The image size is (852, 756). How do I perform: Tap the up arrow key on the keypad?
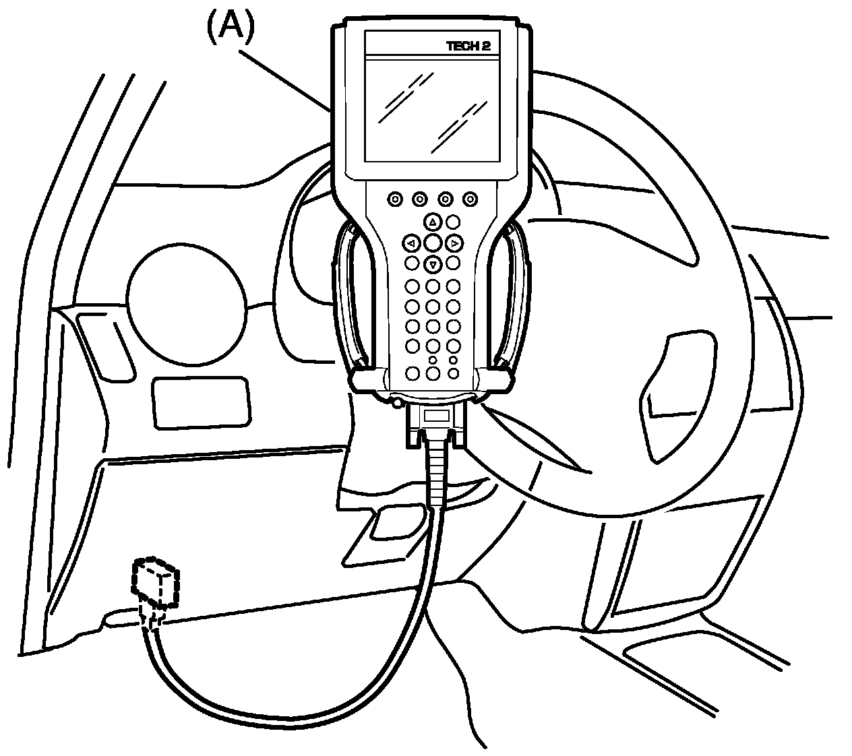click(433, 222)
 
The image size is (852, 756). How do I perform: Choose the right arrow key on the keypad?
click(455, 243)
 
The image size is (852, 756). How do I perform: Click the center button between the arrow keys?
click(433, 243)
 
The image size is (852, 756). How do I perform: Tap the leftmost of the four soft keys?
click(395, 199)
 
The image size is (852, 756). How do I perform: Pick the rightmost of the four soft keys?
click(470, 199)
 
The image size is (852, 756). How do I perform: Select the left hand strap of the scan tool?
click(352, 296)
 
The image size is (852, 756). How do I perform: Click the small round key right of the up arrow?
click(453, 222)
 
